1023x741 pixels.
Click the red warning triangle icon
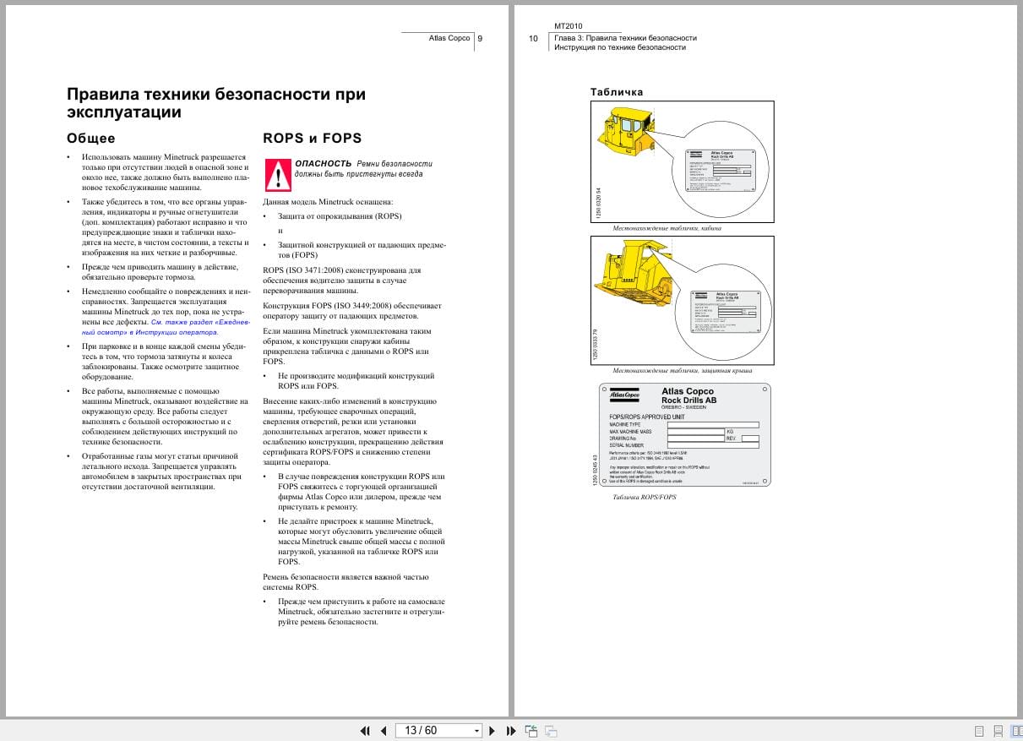pos(278,174)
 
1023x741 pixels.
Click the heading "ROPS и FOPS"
pos(312,138)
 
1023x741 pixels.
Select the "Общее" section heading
pos(90,138)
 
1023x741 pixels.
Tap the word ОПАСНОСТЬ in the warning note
pos(323,163)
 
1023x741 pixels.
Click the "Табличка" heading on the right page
pos(617,92)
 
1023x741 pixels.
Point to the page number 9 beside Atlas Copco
pos(480,38)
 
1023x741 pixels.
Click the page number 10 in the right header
pos(533,38)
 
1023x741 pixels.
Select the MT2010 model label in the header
pos(568,26)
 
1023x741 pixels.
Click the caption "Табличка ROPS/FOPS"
pos(644,497)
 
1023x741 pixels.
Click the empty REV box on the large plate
pos(749,439)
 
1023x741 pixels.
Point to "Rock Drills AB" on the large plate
pos(688,400)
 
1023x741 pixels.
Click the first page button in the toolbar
pos(365,730)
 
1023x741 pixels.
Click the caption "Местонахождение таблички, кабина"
pos(667,228)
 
